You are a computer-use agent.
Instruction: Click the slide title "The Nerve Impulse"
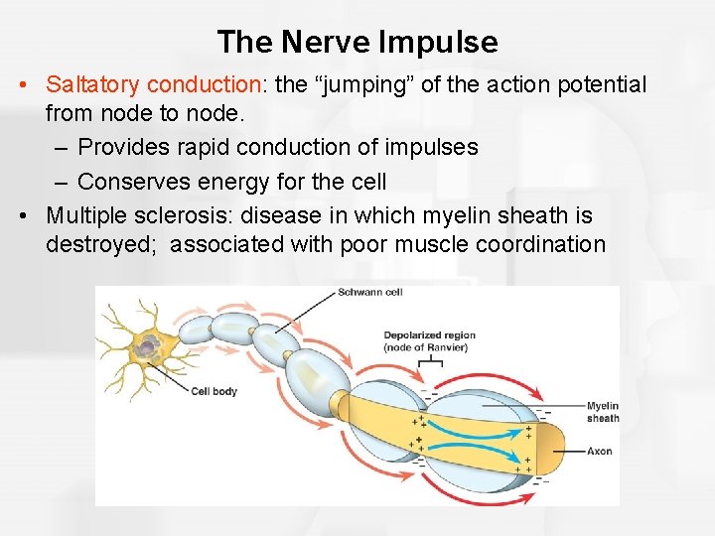click(x=357, y=42)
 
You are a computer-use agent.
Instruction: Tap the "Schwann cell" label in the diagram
click(x=370, y=292)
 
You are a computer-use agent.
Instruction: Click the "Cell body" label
click(x=214, y=391)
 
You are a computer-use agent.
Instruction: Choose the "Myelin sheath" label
click(x=602, y=412)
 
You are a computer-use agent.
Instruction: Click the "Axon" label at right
click(x=599, y=452)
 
